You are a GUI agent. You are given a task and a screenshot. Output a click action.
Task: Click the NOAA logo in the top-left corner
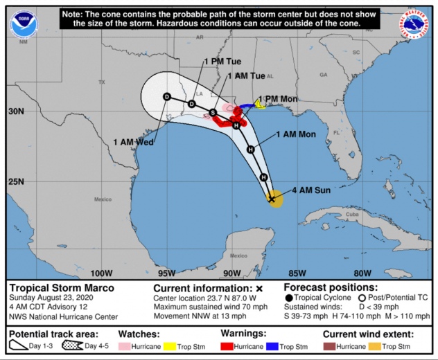[x=23, y=25]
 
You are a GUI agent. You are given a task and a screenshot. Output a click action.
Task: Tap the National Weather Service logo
[x=414, y=24]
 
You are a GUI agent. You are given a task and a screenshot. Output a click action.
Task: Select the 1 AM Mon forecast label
[x=296, y=134]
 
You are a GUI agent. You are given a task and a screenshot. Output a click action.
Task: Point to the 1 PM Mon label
[x=278, y=99]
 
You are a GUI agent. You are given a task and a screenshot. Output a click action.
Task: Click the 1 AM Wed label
[x=134, y=142]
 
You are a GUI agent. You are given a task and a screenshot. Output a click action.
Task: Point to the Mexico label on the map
[x=103, y=200]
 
